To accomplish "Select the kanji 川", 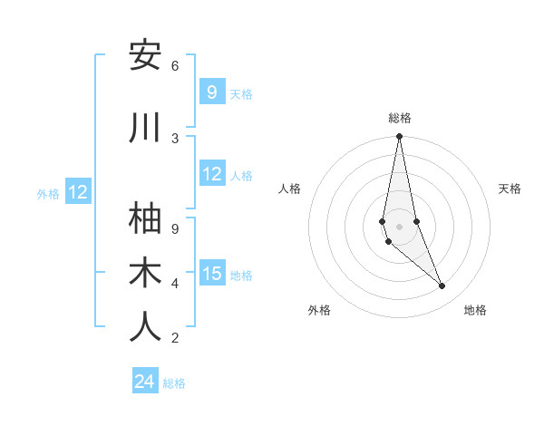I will tap(145, 129).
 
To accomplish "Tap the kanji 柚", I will tap(145, 218).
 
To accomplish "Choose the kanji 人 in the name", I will tap(145, 328).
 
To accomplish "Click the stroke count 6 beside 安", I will tap(175, 66).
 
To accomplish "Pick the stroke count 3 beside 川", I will tap(175, 139).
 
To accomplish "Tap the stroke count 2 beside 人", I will tap(175, 338).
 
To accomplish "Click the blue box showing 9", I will tap(211, 92).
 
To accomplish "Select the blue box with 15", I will tap(212, 274).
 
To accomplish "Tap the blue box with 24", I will tap(144, 382).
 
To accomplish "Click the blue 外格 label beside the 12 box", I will tap(47, 193).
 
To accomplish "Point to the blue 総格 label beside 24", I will tap(174, 383).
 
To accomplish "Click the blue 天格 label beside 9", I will tap(241, 93).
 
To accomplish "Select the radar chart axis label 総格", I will tap(400, 118).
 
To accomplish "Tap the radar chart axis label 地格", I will tap(475, 310).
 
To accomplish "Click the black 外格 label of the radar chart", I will tap(319, 310).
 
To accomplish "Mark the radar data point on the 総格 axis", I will tap(399, 137).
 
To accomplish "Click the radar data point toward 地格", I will tap(442, 286).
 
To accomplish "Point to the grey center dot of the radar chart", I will tap(399, 226).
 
